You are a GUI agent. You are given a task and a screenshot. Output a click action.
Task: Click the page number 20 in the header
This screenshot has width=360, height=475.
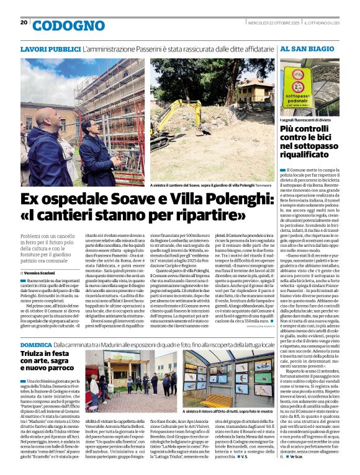(x=24, y=22)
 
